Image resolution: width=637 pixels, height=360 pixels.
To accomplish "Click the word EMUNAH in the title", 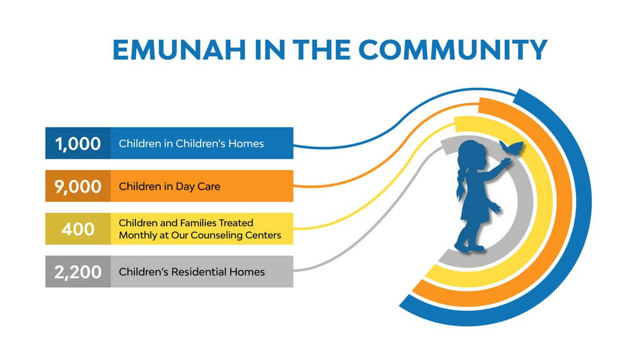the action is point(179,50).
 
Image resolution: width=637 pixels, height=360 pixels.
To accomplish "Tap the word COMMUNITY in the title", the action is point(453,50).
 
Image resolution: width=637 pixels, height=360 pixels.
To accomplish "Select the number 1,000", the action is point(78,143).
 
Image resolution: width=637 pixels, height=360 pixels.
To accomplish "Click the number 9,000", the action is point(78,186).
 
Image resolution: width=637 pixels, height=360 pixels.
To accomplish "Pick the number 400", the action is point(78,229).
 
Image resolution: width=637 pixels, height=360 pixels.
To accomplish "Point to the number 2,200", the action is point(78,272).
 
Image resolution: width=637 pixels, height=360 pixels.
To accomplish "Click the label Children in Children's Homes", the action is point(191,143).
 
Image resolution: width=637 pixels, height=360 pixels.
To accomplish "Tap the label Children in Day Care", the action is point(169,186).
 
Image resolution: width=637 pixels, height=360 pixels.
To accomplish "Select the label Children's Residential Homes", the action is point(192,272).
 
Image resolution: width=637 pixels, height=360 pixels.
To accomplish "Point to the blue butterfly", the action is point(511,148).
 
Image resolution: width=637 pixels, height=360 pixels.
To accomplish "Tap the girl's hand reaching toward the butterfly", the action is point(506,162).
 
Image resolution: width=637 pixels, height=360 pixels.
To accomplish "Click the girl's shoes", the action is point(469,247).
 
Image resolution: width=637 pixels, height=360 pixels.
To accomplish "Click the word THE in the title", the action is point(321,50).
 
